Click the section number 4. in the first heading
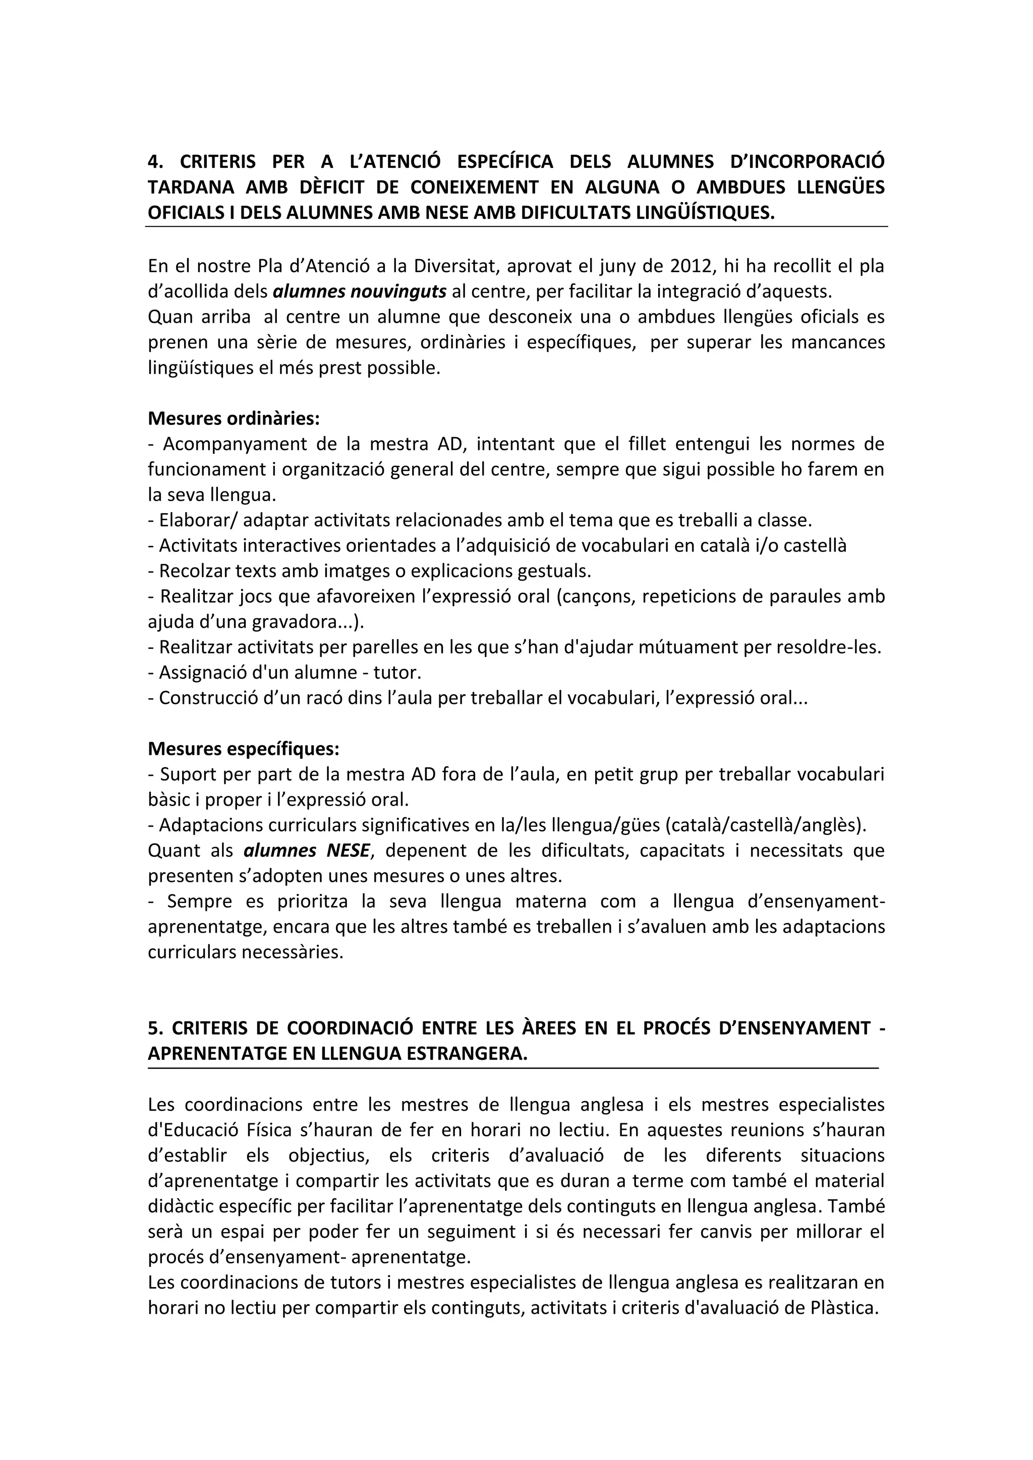(x=155, y=162)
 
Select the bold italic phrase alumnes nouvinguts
(x=360, y=292)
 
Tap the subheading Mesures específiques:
(x=244, y=749)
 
